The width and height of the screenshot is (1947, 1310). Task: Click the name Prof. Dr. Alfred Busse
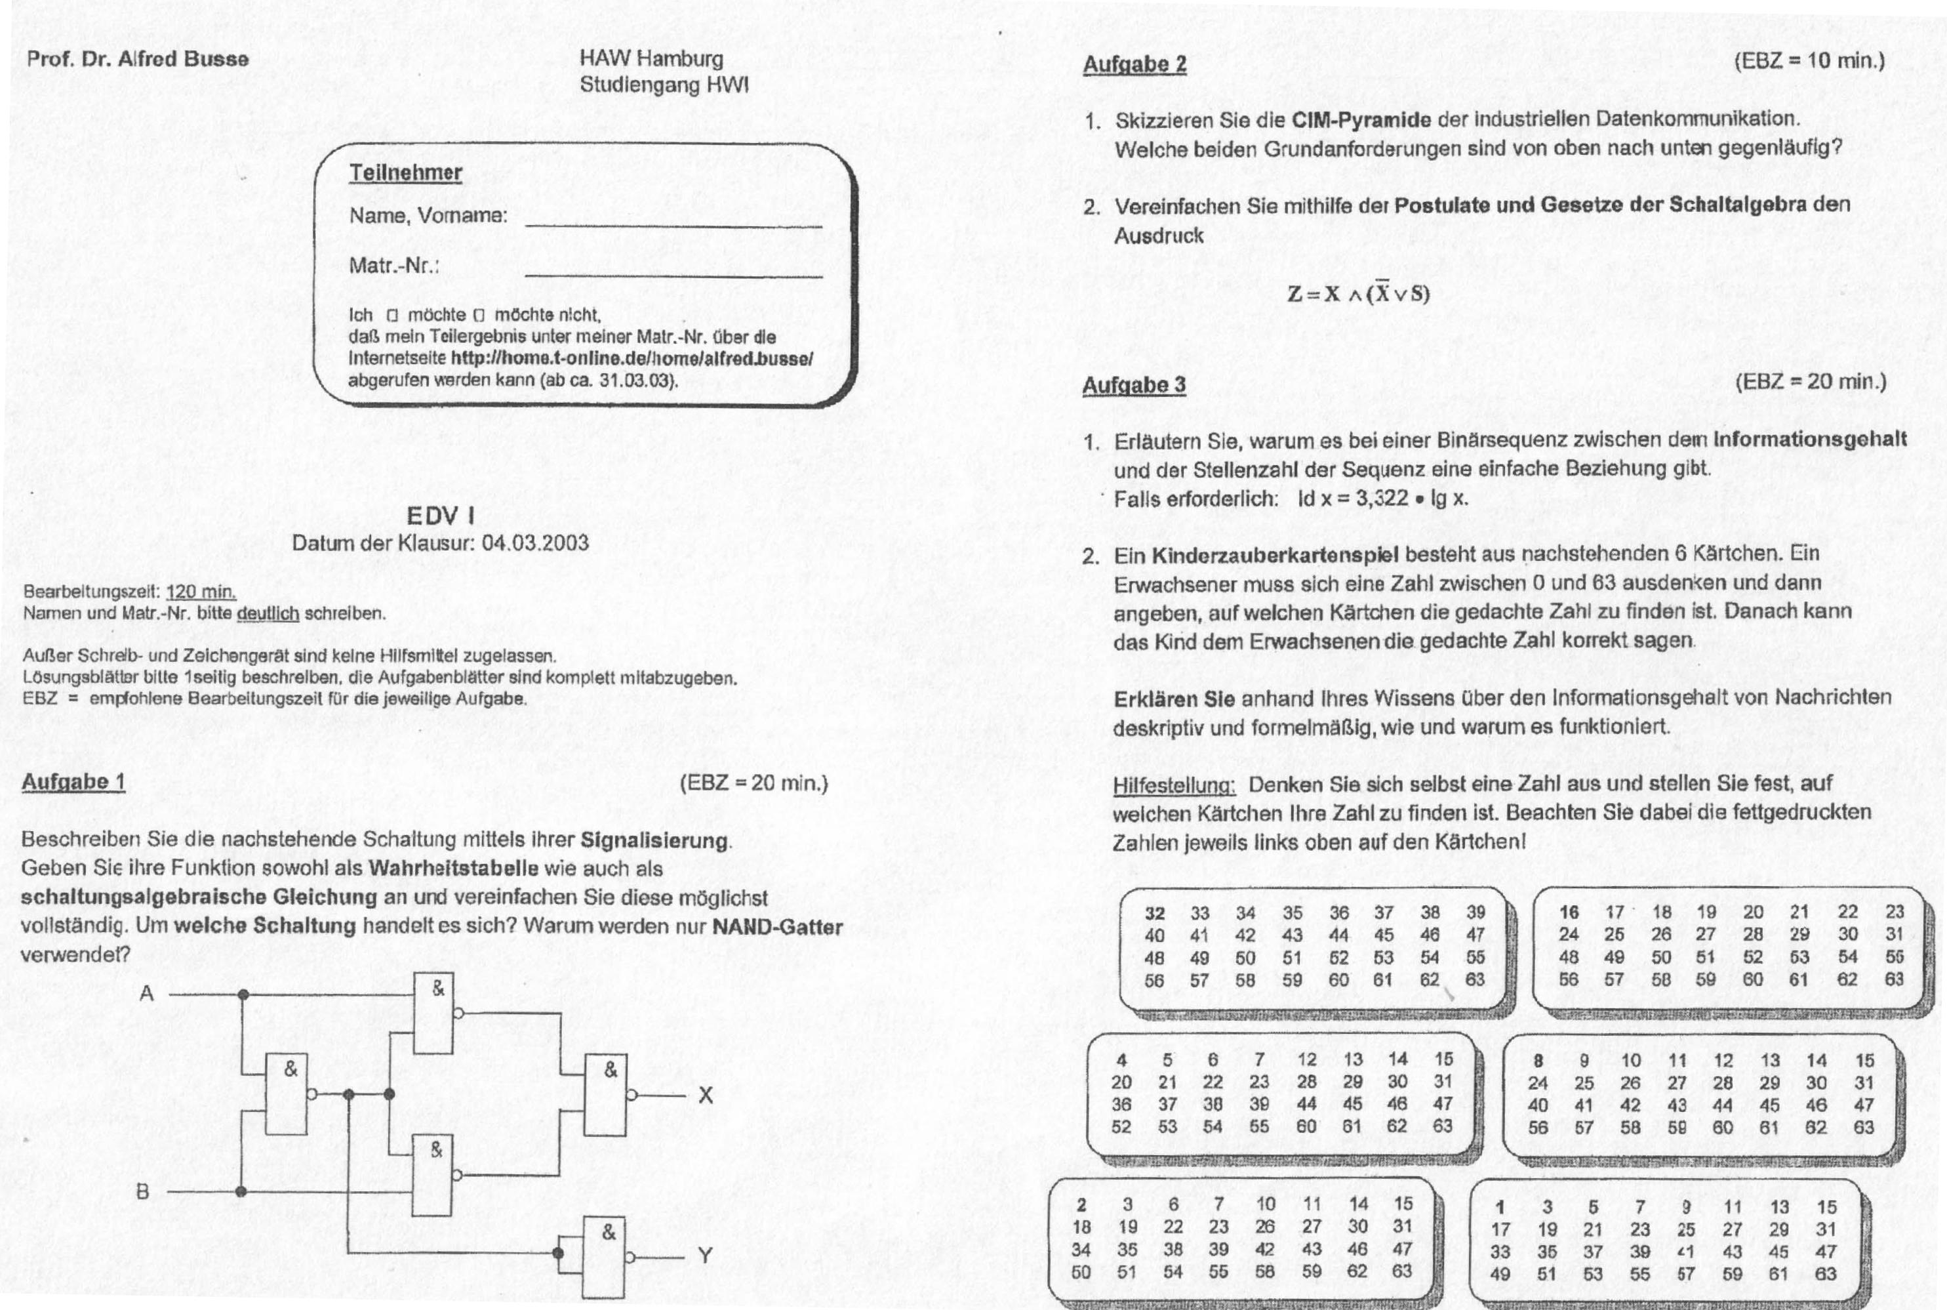[x=138, y=59]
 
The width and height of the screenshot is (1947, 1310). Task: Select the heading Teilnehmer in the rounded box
[x=405, y=173]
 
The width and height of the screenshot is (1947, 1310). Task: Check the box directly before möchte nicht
[x=479, y=316]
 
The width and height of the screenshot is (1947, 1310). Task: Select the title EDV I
[x=440, y=516]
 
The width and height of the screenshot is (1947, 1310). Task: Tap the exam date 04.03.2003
[x=535, y=543]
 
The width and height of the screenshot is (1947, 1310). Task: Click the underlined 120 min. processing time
[x=201, y=592]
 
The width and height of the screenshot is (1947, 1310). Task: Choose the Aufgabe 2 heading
[x=1134, y=64]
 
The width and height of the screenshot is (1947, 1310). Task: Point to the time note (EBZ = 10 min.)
[x=1809, y=61]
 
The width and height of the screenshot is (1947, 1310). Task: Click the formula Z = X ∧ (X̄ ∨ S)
[x=1358, y=293]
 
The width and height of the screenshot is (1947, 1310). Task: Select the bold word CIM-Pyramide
[x=1361, y=119]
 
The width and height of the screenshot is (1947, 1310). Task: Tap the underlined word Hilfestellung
[x=1174, y=785]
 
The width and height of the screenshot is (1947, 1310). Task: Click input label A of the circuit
[x=147, y=993]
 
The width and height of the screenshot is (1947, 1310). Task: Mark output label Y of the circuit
[x=705, y=1256]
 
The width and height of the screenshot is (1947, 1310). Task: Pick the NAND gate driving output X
[x=605, y=1094]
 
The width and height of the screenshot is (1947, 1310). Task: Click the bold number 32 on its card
[x=1154, y=913]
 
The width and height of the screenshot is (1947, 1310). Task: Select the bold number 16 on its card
[x=1569, y=912]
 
